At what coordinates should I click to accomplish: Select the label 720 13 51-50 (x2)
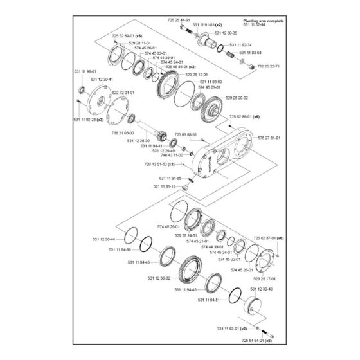pos(159,164)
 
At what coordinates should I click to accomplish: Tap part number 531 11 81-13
pos(165,186)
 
